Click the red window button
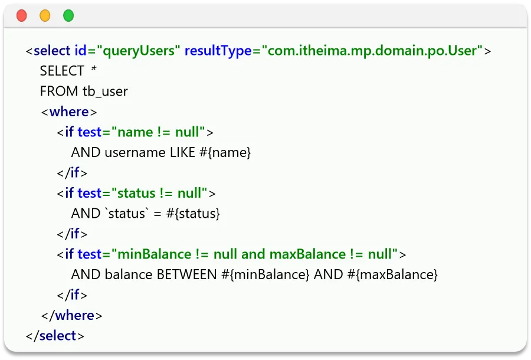tap(22, 16)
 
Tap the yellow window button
tap(45, 16)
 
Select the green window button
tap(68, 16)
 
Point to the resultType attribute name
tap(218, 51)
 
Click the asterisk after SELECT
tap(93, 70)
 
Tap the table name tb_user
tap(105, 91)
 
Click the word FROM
tap(59, 91)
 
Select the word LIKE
tap(181, 152)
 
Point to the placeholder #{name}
tap(225, 152)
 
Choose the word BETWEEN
tap(186, 274)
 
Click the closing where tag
tap(72, 315)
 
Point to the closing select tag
tap(55, 336)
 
